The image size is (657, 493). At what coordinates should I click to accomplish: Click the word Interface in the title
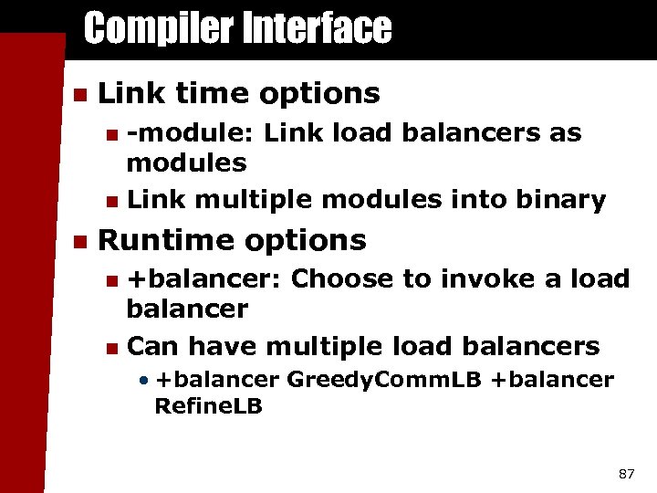click(316, 29)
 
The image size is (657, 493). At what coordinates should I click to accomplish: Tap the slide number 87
click(626, 474)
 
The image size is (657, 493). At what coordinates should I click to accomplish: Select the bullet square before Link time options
click(79, 94)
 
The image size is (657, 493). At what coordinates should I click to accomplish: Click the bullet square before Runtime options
click(79, 242)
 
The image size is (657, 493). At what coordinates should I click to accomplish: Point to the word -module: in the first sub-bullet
click(191, 133)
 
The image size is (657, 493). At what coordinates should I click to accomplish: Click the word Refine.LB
click(208, 406)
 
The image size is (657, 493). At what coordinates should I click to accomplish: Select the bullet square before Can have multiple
click(110, 348)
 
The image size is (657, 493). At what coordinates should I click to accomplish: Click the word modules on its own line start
click(186, 164)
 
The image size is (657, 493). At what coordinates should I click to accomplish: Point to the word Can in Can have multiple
click(152, 347)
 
